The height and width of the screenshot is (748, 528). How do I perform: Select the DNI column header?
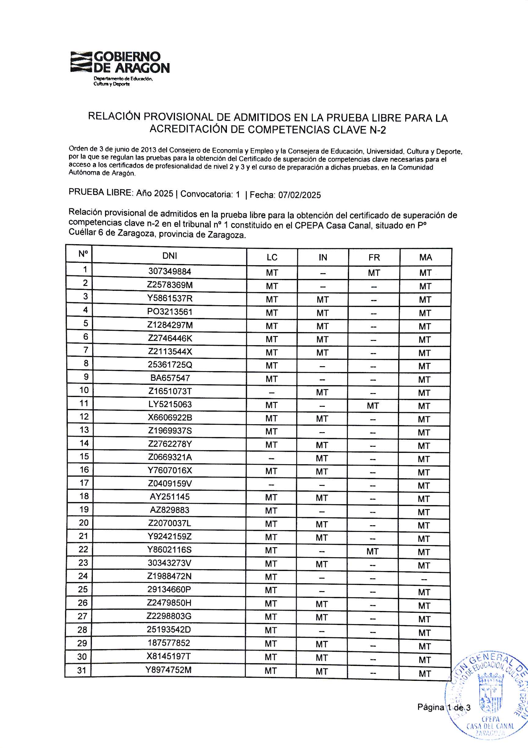coord(169,256)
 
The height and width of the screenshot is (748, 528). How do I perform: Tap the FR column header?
coord(374,257)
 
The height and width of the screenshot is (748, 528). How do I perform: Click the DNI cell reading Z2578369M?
coord(170,285)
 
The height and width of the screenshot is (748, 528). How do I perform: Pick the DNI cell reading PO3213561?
coord(170,312)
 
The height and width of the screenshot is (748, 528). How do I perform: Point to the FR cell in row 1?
coord(374,273)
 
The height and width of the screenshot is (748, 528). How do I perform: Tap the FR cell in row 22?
coord(373,551)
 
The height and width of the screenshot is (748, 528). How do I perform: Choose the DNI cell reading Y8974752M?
coord(169,670)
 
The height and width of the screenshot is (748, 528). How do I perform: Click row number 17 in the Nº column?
coord(84,483)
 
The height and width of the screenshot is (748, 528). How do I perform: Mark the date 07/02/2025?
coord(300,195)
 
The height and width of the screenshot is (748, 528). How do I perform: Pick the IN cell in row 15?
coord(322,458)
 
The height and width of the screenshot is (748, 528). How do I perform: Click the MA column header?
coord(426,257)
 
